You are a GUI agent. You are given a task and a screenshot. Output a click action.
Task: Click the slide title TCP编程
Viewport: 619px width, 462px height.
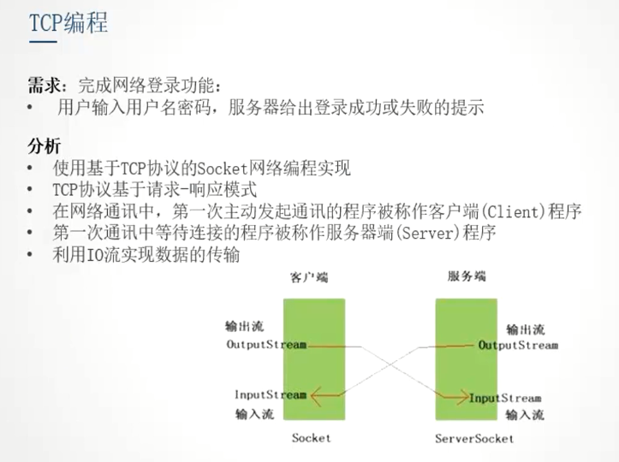point(69,23)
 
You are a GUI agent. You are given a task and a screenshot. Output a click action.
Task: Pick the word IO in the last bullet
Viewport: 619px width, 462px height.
point(99,254)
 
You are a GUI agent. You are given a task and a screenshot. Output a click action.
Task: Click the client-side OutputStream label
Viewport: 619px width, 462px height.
point(265,345)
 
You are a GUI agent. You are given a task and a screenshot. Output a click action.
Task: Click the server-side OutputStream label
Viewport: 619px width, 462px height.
point(518,345)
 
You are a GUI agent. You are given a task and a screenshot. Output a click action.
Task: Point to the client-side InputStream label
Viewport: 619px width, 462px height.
point(270,394)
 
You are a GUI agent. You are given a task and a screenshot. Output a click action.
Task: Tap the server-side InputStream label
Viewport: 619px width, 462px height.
point(505,398)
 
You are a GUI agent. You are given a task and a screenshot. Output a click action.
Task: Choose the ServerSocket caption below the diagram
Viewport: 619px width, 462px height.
point(474,438)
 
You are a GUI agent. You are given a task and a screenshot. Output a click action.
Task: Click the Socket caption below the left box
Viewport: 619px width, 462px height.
point(311,438)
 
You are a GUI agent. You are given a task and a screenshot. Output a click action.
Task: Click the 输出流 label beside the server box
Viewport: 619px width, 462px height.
point(524,329)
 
